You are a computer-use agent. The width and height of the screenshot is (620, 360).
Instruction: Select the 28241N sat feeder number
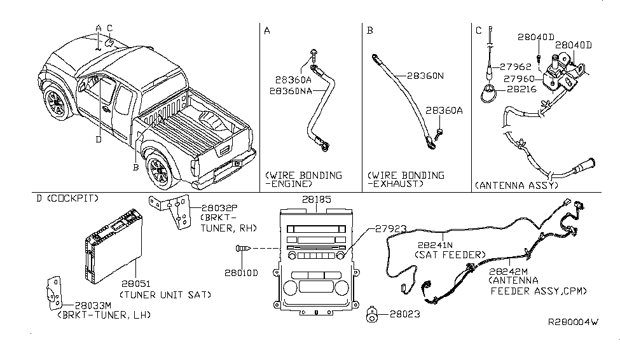tap(437, 244)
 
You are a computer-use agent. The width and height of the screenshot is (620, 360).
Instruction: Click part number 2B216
tap(522, 90)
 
